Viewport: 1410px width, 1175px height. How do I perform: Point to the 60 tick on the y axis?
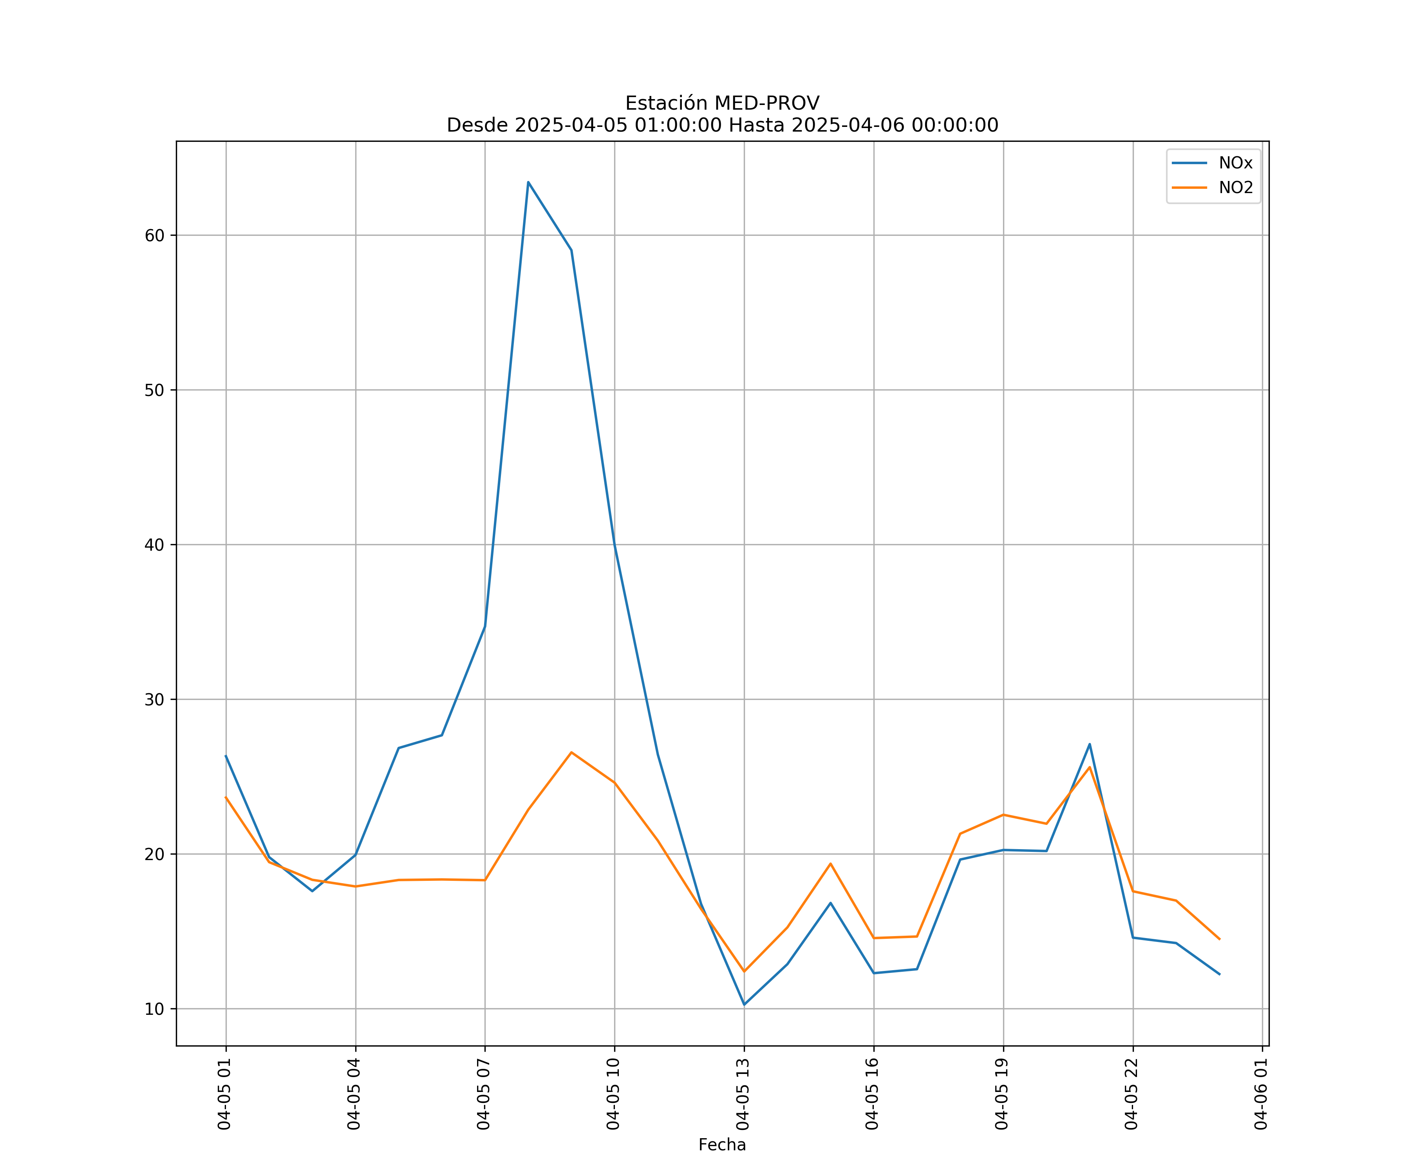[x=154, y=236]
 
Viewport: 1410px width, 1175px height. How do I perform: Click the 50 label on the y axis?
[x=154, y=390]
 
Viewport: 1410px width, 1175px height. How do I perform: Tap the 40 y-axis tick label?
[x=154, y=544]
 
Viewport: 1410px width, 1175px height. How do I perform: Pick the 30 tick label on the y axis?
[x=154, y=700]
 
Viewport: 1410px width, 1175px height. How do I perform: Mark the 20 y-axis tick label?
[x=154, y=854]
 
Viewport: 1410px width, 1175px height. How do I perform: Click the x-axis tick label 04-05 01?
[x=224, y=1094]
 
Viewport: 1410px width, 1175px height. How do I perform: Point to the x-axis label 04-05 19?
[x=1002, y=1094]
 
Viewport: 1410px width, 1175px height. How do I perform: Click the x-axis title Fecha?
[x=722, y=1145]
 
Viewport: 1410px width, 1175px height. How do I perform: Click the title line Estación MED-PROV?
[x=722, y=103]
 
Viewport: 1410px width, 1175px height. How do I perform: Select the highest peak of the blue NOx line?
[x=528, y=182]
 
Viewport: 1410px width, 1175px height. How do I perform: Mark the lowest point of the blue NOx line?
[x=744, y=1005]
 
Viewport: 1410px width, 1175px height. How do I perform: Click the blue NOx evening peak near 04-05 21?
[x=1090, y=744]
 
